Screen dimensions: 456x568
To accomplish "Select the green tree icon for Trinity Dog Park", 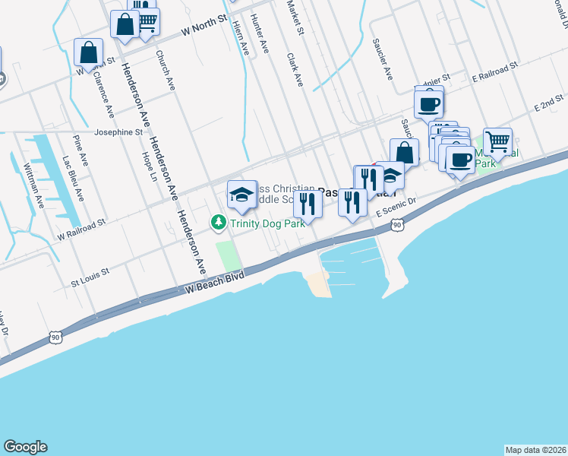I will click(x=218, y=222).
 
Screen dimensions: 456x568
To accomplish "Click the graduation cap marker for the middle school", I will click(x=242, y=195).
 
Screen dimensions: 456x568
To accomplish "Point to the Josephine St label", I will click(x=118, y=131).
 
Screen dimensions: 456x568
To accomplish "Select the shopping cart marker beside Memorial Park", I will click(x=497, y=141).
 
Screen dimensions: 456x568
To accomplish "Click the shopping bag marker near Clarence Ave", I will click(x=89, y=53).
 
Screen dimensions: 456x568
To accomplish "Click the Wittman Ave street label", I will click(x=33, y=185).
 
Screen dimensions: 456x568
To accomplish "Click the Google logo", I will click(x=25, y=447).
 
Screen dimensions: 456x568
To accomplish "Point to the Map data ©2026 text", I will click(x=535, y=450).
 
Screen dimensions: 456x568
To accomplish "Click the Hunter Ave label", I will click(x=260, y=34).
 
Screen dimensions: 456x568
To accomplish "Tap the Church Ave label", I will click(x=165, y=70).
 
